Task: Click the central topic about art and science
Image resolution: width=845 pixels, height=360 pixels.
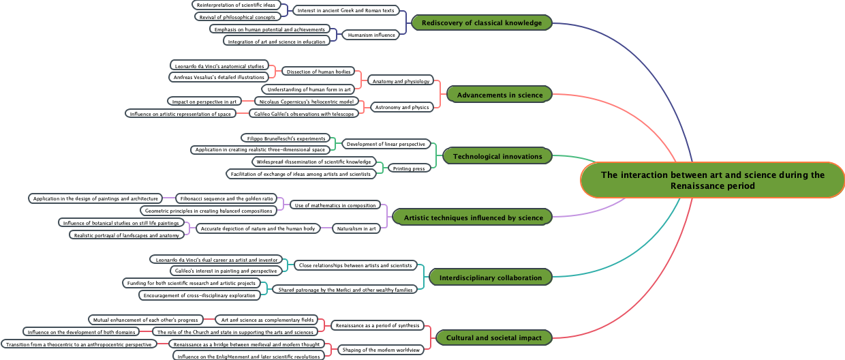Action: point(712,180)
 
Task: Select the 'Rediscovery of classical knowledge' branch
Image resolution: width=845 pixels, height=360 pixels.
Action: point(482,23)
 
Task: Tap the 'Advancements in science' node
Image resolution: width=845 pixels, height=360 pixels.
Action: point(500,95)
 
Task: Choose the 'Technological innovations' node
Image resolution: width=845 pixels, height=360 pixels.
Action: point(497,156)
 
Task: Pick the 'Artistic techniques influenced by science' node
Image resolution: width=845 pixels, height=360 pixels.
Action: point(473,217)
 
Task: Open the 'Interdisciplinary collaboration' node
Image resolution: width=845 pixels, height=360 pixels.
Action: point(491,277)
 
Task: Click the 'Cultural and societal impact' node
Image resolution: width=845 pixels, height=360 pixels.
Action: point(493,337)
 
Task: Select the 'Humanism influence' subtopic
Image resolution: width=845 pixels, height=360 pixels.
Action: point(371,35)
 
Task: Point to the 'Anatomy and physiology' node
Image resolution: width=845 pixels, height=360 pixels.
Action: point(401,81)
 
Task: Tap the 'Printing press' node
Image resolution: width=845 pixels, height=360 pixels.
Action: point(409,168)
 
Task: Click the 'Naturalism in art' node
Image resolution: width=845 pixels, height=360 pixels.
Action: point(356,228)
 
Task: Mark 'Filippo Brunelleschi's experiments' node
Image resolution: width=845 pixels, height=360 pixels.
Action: point(286,138)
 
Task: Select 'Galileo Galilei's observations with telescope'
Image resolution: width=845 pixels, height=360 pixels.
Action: point(303,113)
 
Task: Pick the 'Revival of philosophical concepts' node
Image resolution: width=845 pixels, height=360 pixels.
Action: point(237,16)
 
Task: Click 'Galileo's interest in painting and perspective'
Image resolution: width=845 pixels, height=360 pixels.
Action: point(226,271)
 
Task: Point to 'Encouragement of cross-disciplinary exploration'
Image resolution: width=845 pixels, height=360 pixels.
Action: point(200,295)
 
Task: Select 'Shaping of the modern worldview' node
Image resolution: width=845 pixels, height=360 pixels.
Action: point(381,350)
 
